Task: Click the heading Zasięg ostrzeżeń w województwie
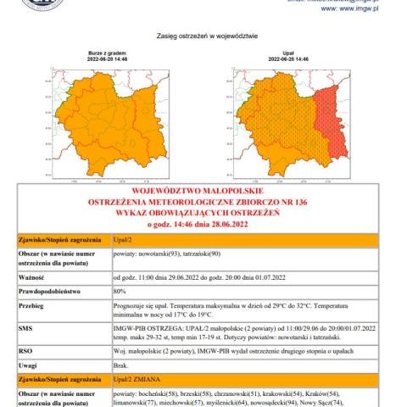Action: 207,36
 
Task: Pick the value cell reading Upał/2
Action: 125,243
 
